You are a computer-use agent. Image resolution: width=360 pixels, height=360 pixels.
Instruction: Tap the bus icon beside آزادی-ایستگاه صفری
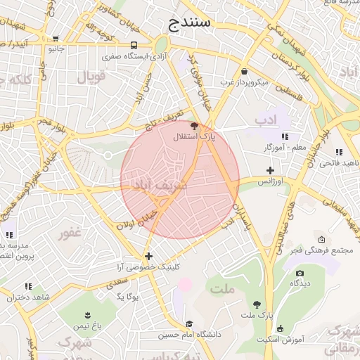[134, 45]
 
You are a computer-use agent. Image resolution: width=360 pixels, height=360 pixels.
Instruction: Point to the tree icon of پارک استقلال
[195, 125]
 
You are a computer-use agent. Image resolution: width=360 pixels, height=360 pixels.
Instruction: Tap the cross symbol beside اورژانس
[270, 170]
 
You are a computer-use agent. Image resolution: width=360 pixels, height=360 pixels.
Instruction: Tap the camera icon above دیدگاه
[300, 273]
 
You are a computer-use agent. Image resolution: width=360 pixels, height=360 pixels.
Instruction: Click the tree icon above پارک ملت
[257, 304]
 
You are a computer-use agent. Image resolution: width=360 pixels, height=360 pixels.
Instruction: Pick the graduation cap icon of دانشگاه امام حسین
[188, 323]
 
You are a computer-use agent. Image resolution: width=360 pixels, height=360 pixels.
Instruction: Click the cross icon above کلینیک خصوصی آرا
[148, 256]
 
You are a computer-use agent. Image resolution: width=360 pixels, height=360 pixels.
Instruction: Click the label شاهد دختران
[29, 297]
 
